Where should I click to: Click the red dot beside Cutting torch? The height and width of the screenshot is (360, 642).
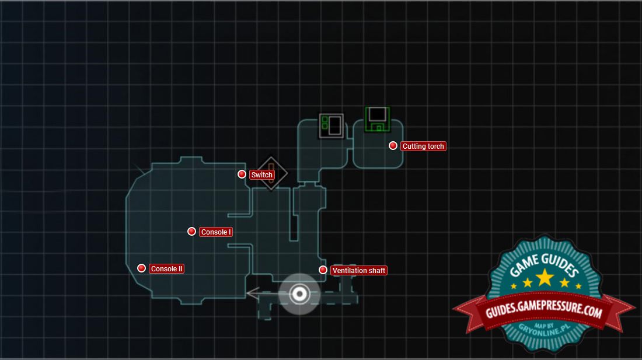(x=393, y=146)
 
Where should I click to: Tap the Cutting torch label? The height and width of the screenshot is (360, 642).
(x=423, y=146)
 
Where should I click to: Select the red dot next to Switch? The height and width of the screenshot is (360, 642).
(x=242, y=174)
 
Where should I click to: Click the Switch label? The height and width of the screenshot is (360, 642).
(x=261, y=175)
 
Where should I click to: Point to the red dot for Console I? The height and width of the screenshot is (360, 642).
(x=191, y=232)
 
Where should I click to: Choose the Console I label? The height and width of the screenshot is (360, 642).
(x=216, y=232)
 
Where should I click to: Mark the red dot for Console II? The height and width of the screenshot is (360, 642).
(x=141, y=268)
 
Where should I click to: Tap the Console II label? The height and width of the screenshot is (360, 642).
(x=167, y=269)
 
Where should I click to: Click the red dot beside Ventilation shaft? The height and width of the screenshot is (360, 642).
(x=323, y=270)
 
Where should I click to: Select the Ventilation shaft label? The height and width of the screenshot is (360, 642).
(x=359, y=271)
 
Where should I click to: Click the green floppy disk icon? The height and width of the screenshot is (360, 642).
(x=377, y=119)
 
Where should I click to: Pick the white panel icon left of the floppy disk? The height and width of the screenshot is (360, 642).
(x=331, y=125)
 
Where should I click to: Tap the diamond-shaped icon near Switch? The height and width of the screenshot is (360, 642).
(x=272, y=173)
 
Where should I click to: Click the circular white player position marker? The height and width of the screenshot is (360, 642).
(x=299, y=293)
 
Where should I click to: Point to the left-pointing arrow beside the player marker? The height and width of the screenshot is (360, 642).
(x=253, y=293)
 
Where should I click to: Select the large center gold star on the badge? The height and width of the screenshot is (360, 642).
(x=545, y=277)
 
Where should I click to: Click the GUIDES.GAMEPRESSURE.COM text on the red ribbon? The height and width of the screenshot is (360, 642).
(x=543, y=312)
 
